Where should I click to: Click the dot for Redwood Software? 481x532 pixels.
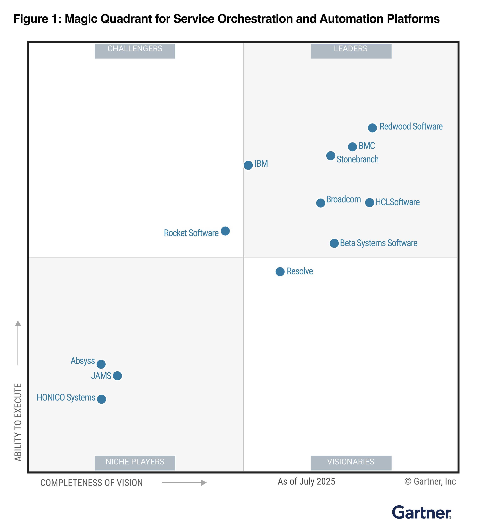click(x=372, y=128)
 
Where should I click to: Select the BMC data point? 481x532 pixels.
click(x=352, y=147)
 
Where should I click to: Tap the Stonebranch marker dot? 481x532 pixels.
click(x=331, y=156)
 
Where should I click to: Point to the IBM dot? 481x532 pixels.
click(x=248, y=165)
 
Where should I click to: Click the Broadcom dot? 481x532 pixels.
click(x=320, y=203)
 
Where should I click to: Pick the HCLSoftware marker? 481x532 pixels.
click(x=369, y=202)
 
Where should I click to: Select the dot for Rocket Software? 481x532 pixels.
click(x=225, y=231)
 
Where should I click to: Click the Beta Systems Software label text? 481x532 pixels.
click(x=378, y=243)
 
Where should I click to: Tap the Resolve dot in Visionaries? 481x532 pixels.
click(x=280, y=271)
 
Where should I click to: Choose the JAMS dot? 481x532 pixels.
click(x=117, y=376)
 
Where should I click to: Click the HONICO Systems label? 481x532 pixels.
click(x=66, y=397)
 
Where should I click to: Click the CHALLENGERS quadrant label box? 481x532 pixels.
click(x=135, y=51)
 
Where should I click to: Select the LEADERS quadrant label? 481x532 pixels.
click(x=351, y=51)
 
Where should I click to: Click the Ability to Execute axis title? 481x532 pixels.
click(x=18, y=422)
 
